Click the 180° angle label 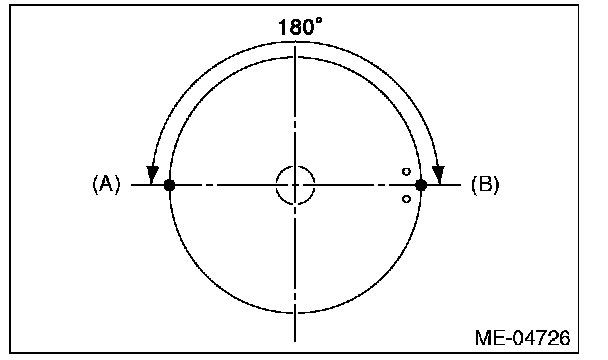(x=300, y=28)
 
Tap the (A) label (x=106, y=184)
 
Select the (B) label (x=485, y=184)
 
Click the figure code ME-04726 (x=523, y=338)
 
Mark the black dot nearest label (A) (x=169, y=185)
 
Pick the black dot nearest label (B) (x=421, y=185)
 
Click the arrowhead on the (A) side (x=152, y=175)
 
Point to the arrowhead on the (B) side (x=439, y=175)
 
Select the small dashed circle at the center (x=295, y=166)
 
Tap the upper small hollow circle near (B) (x=406, y=171)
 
